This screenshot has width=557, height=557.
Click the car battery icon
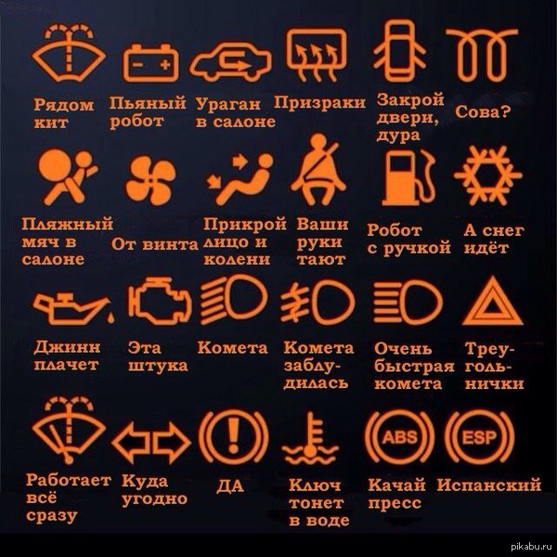(150, 63)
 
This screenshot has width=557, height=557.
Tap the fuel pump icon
(408, 178)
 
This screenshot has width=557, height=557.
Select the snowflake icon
(488, 175)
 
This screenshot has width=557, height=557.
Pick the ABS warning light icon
(399, 437)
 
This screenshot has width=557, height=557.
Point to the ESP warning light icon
(479, 437)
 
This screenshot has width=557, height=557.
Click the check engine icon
(160, 301)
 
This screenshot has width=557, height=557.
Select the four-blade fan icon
(150, 180)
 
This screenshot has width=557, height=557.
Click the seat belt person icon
(318, 171)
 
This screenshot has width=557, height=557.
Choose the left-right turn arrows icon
(151, 443)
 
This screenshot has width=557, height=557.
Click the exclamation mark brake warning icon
(233, 437)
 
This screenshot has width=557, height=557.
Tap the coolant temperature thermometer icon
(310, 439)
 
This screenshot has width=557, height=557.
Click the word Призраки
(319, 103)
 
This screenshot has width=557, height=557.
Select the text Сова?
(483, 111)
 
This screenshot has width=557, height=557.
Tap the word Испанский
(489, 485)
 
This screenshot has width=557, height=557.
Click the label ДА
(230, 486)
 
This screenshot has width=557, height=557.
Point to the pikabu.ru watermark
(531, 547)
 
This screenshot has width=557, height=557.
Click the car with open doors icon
(399, 50)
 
